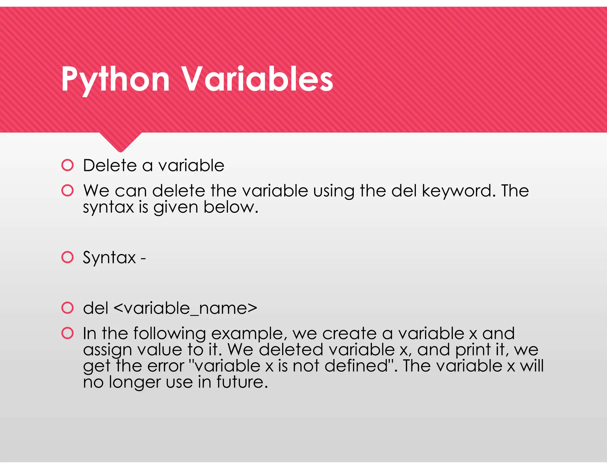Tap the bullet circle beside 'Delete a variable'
click(68, 165)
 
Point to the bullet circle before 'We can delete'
click(68, 190)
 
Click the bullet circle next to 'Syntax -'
click(68, 257)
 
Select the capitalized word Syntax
click(109, 258)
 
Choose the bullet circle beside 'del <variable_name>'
click(68, 308)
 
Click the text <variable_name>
click(185, 308)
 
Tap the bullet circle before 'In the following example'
click(68, 333)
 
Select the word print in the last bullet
click(473, 350)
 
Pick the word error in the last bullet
click(165, 366)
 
